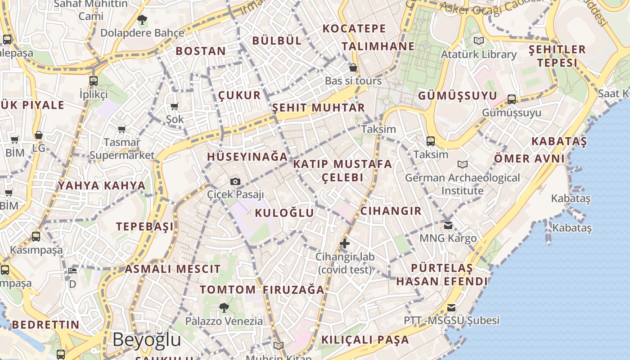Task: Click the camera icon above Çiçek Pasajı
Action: pos(235,182)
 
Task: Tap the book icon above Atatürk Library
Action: pos(479,41)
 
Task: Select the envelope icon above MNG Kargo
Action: pos(448,225)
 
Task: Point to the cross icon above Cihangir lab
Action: pos(345,244)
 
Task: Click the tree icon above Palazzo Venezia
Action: pos(224,308)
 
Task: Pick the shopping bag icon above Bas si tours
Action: pos(353,68)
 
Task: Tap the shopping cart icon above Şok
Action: pos(175,107)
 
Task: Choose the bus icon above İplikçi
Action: pos(94,81)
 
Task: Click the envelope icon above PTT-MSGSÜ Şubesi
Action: pos(451,308)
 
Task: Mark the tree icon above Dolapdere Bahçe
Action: pos(142,20)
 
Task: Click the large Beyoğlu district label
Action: pos(147,340)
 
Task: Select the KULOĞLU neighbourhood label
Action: pos(284,213)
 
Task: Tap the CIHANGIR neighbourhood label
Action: pos(391,211)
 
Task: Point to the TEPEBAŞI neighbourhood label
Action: pos(145,226)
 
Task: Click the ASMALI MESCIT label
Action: pos(173,269)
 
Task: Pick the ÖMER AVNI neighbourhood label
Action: pos(529,158)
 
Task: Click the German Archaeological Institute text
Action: pos(463,184)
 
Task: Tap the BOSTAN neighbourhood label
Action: pos(201,51)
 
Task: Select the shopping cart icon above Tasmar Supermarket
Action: pos(121,130)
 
